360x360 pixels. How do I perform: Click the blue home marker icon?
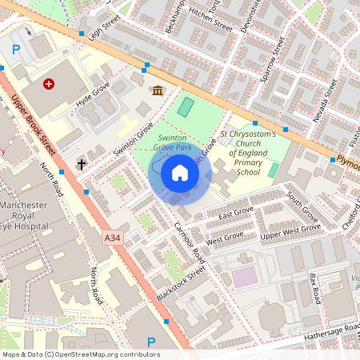[x=180, y=173]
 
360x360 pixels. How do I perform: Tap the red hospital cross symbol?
[x=50, y=83]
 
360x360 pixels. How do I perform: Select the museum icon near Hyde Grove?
[x=158, y=90]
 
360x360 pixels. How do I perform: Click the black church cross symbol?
[x=81, y=164]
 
